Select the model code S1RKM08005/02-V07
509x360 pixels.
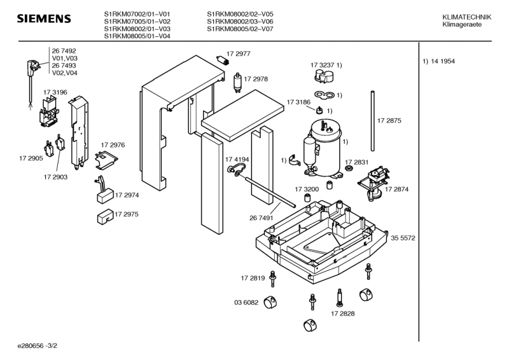(240, 29)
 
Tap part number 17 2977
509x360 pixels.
(239, 55)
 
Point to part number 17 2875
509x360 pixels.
(389, 121)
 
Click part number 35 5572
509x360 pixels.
(403, 238)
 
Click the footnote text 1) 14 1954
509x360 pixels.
(440, 61)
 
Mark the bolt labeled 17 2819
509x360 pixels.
(274, 280)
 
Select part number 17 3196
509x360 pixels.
(55, 92)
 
